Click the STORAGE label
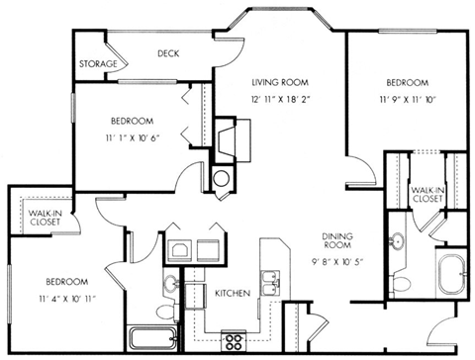pyautogui.click(x=98, y=64)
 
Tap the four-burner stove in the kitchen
pyautogui.click(x=236, y=342)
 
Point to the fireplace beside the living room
pyautogui.click(x=226, y=137)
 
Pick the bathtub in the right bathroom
pyautogui.click(x=453, y=272)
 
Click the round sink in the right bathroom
pyautogui.click(x=398, y=241)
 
